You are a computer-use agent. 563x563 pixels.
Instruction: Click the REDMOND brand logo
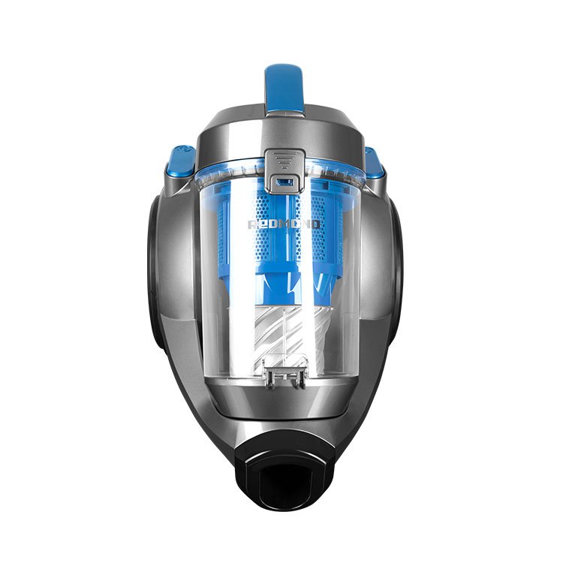284,224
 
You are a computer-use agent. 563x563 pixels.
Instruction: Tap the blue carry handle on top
283,86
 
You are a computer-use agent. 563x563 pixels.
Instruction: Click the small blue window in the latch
284,182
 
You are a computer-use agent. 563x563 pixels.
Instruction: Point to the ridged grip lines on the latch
284,160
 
